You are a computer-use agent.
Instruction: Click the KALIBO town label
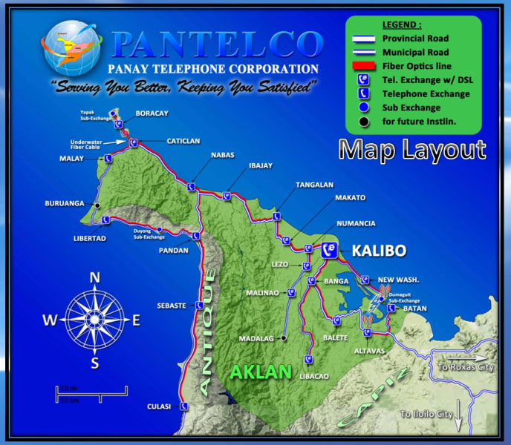pos(379,251)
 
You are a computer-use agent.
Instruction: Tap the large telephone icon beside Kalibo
pos(330,251)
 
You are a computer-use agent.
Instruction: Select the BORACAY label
pos(152,113)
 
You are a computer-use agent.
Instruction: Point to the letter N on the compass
pos(95,277)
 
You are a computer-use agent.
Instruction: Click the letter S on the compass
pos(95,363)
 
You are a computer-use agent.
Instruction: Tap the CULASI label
pos(159,406)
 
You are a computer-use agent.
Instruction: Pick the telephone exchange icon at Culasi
pos(183,406)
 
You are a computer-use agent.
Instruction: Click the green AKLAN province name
pos(260,372)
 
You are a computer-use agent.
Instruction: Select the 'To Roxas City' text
pos(466,367)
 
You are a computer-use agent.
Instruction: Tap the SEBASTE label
pos(172,306)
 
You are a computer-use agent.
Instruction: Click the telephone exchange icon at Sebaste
pos(198,305)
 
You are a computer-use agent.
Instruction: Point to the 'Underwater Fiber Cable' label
pos(85,145)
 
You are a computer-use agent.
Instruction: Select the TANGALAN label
pos(314,185)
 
